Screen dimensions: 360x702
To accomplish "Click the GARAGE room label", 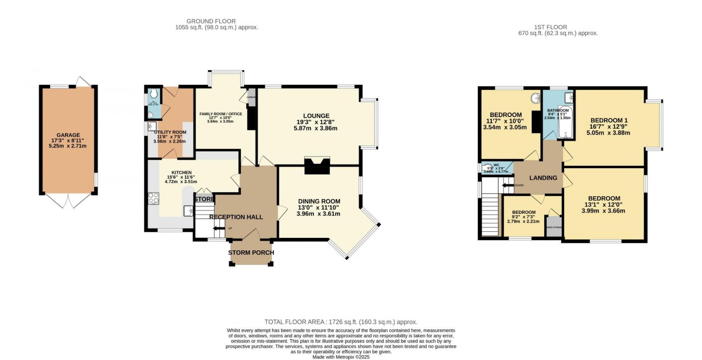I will tap(68, 135).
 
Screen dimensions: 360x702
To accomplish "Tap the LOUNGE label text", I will tap(315, 116).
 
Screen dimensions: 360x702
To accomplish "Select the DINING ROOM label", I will tap(319, 201).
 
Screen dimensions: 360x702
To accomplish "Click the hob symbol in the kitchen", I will tap(154, 198).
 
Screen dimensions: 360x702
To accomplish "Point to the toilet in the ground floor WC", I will tap(153, 94).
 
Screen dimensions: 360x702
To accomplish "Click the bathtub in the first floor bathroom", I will tap(566, 127).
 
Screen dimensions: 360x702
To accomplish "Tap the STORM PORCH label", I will tap(251, 252).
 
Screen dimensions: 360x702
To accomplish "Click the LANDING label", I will tap(543, 178).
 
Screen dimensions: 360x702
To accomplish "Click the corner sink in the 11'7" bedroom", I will tap(536, 98).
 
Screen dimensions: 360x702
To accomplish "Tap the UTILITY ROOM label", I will tap(170, 132).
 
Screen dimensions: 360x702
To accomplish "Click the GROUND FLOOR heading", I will tap(211, 21).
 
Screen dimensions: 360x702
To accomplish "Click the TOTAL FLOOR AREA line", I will tap(341, 322).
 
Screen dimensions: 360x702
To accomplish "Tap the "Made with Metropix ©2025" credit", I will tap(341, 357).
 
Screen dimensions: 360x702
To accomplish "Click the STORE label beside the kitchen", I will tap(204, 199).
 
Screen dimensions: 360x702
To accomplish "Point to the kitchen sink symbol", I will tap(188, 211).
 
